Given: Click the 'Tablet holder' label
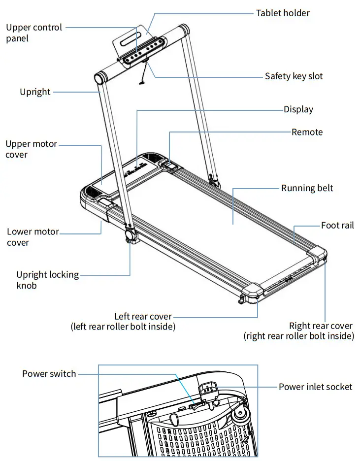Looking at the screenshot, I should click(283, 13).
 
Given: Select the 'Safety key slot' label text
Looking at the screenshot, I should click(294, 76).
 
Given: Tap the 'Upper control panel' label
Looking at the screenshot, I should click(34, 33).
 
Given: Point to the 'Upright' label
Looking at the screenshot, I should click(35, 92).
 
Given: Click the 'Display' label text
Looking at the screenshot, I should click(298, 109).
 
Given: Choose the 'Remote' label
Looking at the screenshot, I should click(307, 132).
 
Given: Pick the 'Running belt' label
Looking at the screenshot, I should click(307, 188).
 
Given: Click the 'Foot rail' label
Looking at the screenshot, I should click(337, 226).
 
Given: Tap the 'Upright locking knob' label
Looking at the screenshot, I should click(47, 280).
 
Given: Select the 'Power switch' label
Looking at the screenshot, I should click(49, 374).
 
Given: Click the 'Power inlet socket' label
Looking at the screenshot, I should click(315, 387).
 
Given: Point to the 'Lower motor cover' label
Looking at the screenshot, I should click(33, 237).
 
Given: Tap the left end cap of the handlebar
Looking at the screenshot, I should click(100, 79).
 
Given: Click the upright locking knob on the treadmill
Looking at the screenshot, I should click(131, 236).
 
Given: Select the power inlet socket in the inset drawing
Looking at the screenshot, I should click(207, 390).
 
